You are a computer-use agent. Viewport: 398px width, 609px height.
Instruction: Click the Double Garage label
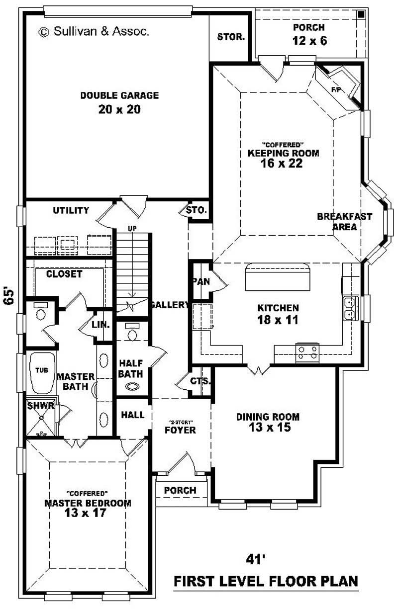click(x=119, y=95)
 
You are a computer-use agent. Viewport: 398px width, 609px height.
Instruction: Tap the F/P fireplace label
click(x=335, y=89)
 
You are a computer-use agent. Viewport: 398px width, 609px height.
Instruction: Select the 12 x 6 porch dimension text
click(x=309, y=41)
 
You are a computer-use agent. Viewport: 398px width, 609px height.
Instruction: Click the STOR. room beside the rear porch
click(x=231, y=37)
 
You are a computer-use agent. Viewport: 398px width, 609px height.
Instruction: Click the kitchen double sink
click(x=350, y=307)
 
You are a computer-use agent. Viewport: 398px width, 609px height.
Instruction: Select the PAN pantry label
click(x=201, y=281)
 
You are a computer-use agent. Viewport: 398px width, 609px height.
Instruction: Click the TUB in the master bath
click(x=41, y=370)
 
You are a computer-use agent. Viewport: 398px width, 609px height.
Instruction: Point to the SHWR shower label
click(x=40, y=406)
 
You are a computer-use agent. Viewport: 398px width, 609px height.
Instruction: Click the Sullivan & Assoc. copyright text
click(x=94, y=31)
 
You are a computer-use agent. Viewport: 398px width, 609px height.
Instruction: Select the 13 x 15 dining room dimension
click(x=268, y=428)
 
